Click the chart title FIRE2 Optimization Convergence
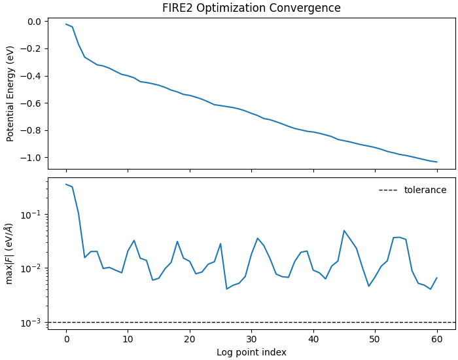(x=251, y=9)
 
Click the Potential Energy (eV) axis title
(x=10, y=94)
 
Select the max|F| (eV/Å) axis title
(x=10, y=253)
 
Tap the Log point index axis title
(x=251, y=352)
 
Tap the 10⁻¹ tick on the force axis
(x=31, y=215)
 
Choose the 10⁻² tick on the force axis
(x=31, y=268)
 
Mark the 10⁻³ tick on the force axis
(x=31, y=323)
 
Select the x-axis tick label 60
(x=437, y=338)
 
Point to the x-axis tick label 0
(x=66, y=338)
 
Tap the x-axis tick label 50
(x=375, y=338)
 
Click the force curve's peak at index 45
(x=344, y=230)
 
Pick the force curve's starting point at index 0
(x=66, y=184)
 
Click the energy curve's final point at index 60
(x=437, y=162)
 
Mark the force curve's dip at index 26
(x=227, y=289)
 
